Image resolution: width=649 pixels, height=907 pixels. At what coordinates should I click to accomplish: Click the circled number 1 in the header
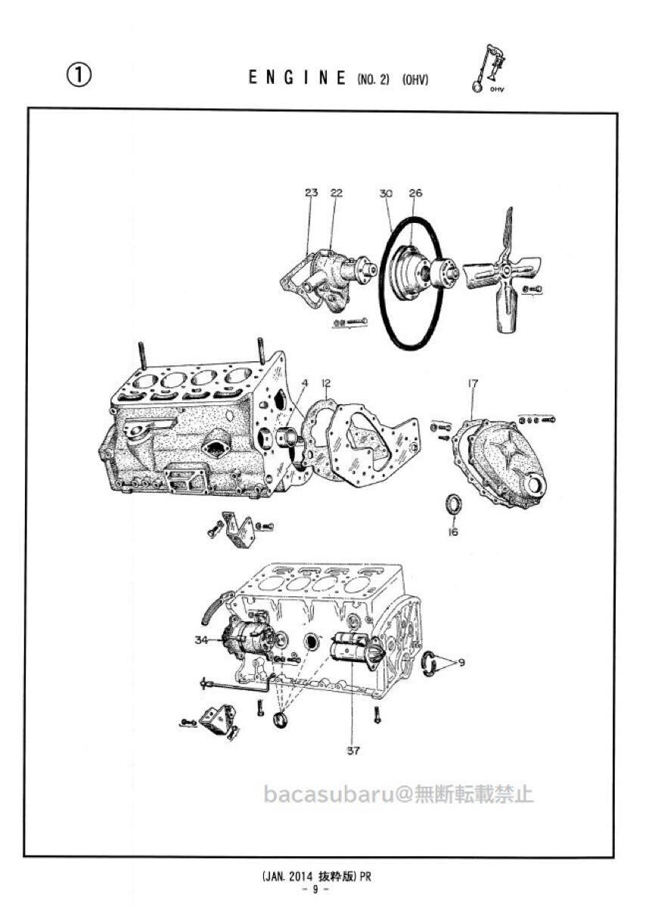tap(79, 74)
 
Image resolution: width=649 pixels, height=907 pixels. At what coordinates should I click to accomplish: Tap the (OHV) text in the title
tap(415, 79)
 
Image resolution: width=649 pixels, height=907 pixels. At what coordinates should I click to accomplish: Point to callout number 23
tap(312, 193)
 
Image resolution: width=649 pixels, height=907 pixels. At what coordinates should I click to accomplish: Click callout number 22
tap(336, 193)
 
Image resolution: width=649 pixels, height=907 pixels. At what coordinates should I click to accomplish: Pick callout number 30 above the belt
tap(386, 193)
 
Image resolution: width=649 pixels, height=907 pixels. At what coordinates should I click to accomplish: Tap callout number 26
tap(415, 193)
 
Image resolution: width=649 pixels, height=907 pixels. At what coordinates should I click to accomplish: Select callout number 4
tap(305, 383)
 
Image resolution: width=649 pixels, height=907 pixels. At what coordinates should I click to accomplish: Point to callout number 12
tap(326, 383)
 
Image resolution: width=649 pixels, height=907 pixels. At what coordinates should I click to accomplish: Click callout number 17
tap(473, 384)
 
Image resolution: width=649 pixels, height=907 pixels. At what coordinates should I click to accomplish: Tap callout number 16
tap(453, 532)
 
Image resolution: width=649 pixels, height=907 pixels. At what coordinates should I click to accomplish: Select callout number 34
tap(200, 640)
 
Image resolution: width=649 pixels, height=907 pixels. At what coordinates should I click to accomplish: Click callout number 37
tap(353, 751)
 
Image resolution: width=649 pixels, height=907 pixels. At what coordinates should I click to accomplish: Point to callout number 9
tap(461, 663)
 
